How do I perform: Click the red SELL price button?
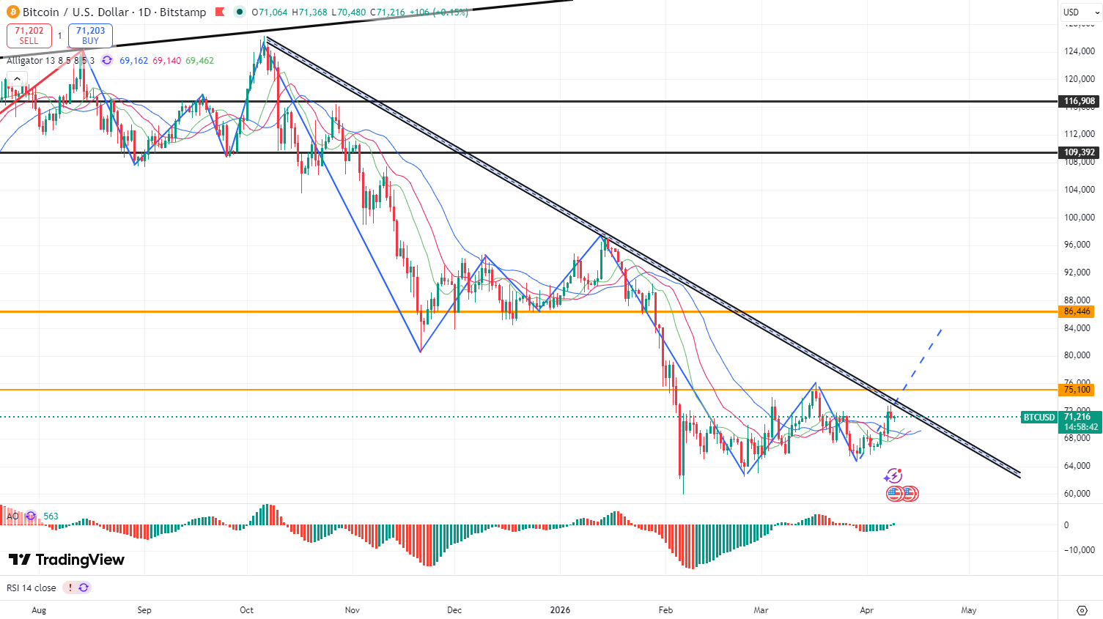click(29, 35)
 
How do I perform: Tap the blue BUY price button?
click(90, 35)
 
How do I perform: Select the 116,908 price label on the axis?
click(1080, 102)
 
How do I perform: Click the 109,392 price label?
click(1080, 153)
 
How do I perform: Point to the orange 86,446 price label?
click(1077, 311)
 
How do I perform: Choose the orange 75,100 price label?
click(1077, 390)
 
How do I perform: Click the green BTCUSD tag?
click(1039, 418)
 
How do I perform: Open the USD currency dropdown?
click(1080, 12)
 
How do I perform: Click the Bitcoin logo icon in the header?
click(12, 12)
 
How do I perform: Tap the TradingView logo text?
click(67, 560)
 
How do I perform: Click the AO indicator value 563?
click(51, 516)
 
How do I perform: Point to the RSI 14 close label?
click(32, 588)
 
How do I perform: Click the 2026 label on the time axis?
click(560, 610)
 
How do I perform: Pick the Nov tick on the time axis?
click(353, 610)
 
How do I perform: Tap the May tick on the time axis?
click(969, 610)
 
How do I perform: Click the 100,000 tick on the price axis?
click(1080, 218)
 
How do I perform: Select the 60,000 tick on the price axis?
click(1077, 494)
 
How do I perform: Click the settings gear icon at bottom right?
click(1082, 610)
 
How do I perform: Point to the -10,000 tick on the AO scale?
click(1079, 550)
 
